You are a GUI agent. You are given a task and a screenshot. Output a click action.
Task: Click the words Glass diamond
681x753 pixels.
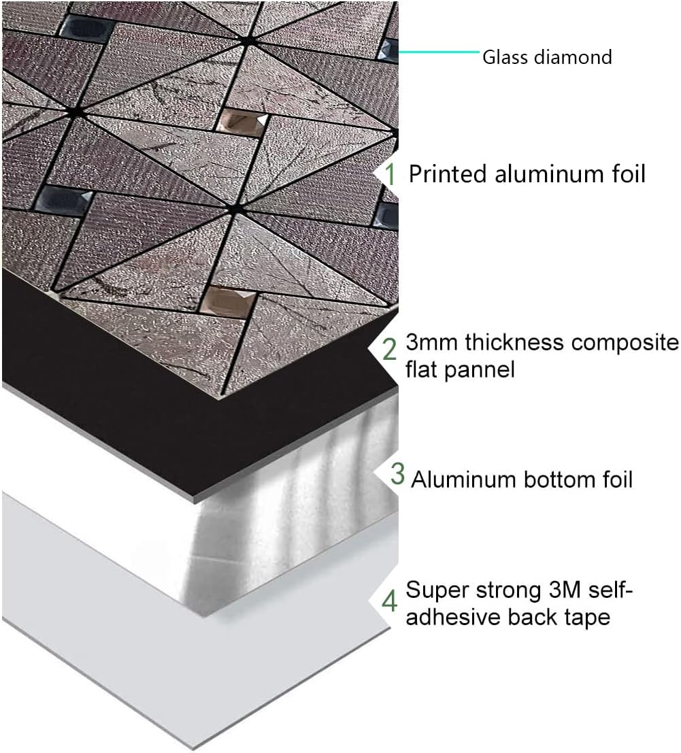tap(547, 56)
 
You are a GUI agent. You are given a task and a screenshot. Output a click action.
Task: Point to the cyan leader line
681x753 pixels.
tap(439, 51)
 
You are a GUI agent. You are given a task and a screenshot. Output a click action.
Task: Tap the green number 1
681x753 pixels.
tap(391, 174)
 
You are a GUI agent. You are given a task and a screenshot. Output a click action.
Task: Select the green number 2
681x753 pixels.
tap(390, 349)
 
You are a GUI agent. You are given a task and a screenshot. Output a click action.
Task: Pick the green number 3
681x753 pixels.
tap(397, 473)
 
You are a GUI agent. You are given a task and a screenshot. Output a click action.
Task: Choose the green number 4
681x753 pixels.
tap(390, 601)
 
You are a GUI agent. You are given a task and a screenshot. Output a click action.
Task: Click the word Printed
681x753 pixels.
tap(448, 174)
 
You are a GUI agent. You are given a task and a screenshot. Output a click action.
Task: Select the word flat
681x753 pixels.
tap(424, 370)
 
